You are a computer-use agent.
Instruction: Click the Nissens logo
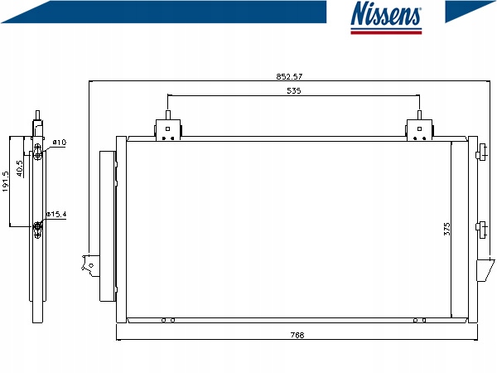(x=386, y=17)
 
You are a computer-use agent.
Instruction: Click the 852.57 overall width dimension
(x=289, y=76)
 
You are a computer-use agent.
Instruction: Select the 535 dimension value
(x=293, y=90)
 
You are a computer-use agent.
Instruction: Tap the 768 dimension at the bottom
(x=297, y=335)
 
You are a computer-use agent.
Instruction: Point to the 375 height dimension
(x=446, y=229)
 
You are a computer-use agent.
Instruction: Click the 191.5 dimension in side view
(x=6, y=182)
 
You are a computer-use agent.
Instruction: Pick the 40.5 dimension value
(x=20, y=168)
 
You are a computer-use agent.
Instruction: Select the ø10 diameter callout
(x=60, y=142)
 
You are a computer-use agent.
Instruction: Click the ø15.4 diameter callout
(x=56, y=214)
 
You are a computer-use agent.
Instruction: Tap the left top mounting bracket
(x=168, y=126)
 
